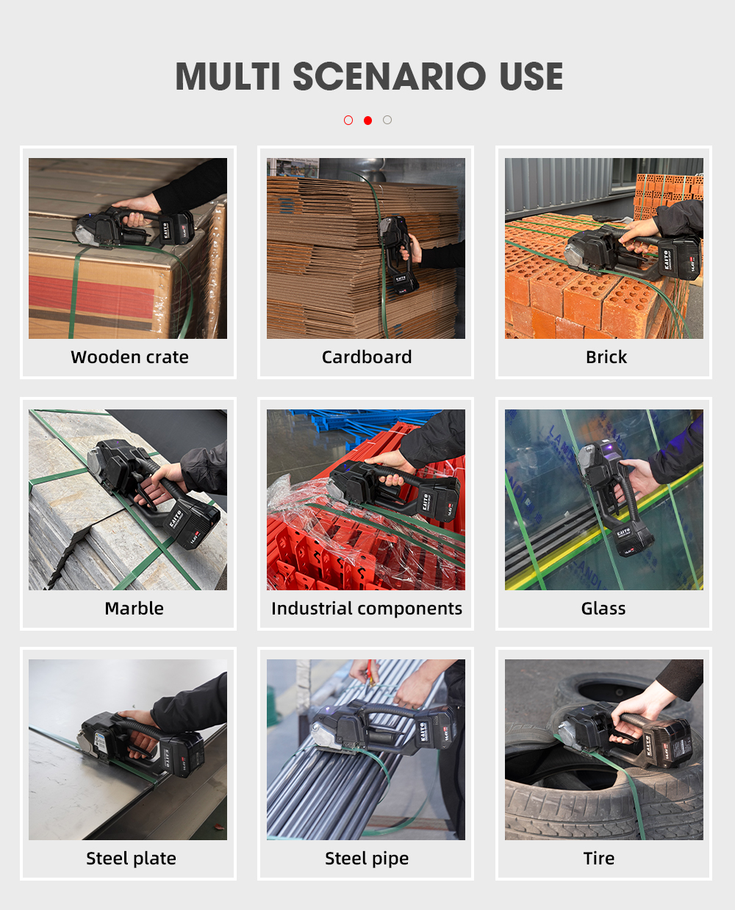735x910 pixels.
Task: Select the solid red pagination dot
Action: pyautogui.click(x=367, y=121)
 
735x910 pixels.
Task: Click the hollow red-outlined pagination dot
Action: pyautogui.click(x=348, y=121)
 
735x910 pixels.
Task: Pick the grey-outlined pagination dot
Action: pyautogui.click(x=387, y=120)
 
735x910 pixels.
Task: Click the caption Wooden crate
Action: pyautogui.click(x=130, y=357)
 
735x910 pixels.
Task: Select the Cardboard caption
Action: pyautogui.click(x=367, y=357)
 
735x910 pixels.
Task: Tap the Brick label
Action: pyautogui.click(x=606, y=357)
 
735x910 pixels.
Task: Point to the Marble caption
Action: pyautogui.click(x=134, y=609)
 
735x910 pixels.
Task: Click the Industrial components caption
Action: pyautogui.click(x=367, y=609)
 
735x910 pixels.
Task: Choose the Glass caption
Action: pyautogui.click(x=603, y=609)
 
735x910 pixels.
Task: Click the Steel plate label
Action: pyautogui.click(x=131, y=859)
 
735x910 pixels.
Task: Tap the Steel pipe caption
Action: pyautogui.click(x=367, y=859)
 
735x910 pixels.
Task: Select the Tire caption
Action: pyautogui.click(x=599, y=859)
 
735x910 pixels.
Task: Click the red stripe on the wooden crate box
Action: pyautogui.click(x=91, y=294)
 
